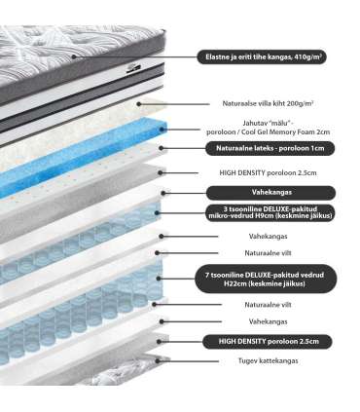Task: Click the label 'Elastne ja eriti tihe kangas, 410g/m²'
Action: (x=263, y=57)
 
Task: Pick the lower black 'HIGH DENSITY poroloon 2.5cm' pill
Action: (x=267, y=341)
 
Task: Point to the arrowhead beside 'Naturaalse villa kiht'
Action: (x=140, y=102)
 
